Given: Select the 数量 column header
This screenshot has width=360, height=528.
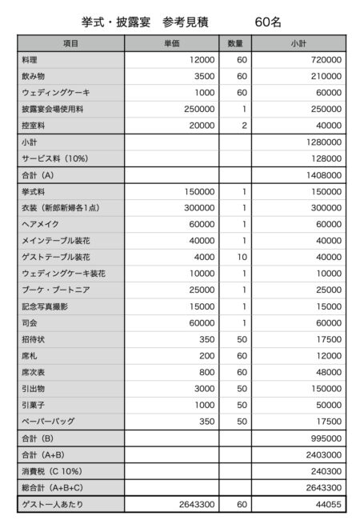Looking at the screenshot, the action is (235, 43).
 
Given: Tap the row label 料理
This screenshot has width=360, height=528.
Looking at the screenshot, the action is (31, 59).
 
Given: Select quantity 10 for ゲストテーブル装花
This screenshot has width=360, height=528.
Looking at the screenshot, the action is (242, 257).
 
